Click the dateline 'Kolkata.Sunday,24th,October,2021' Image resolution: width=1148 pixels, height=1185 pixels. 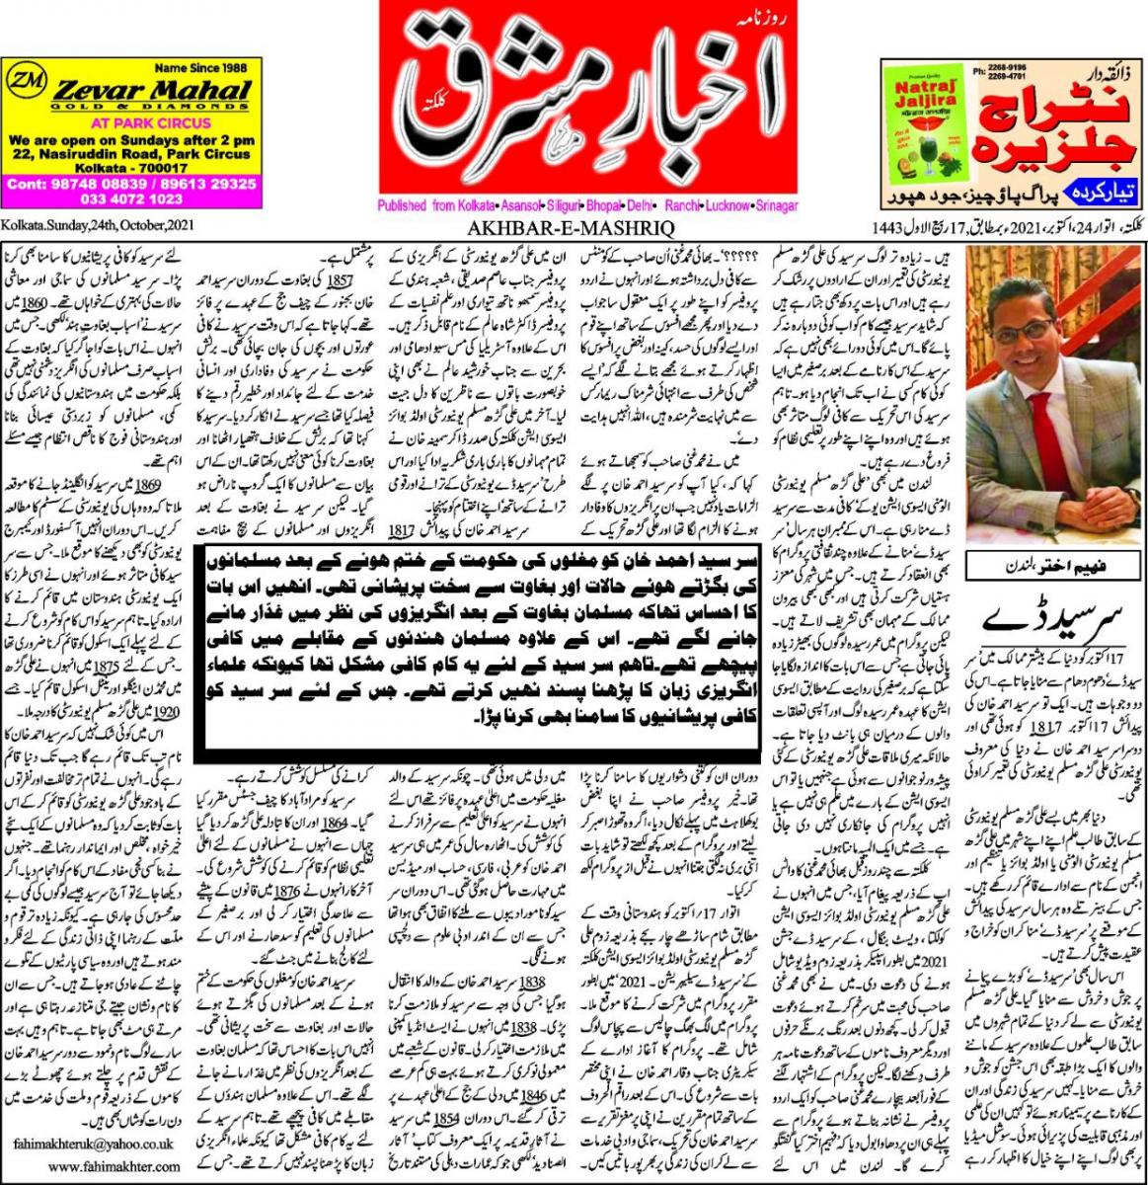(86, 226)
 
